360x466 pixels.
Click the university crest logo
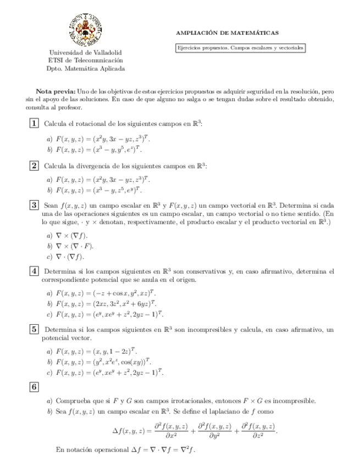click(85, 29)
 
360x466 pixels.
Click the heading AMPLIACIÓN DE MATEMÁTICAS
click(226, 33)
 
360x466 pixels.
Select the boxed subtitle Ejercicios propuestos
click(240, 48)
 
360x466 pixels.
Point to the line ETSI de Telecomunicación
click(85, 60)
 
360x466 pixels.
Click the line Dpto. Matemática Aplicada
click(85, 69)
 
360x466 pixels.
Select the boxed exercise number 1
click(34, 124)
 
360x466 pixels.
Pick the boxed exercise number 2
click(34, 165)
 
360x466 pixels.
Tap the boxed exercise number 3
click(34, 205)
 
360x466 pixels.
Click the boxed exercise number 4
click(34, 271)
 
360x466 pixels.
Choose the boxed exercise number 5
click(34, 329)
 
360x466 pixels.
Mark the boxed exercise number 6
click(34, 387)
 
